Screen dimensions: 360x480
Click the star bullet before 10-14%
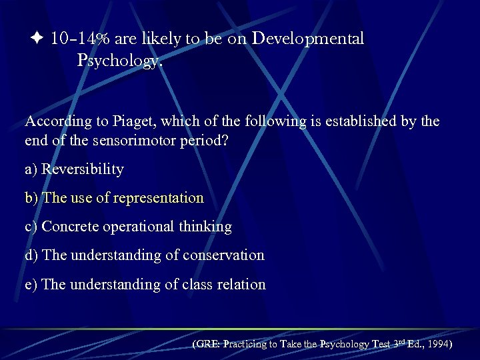coord(37,39)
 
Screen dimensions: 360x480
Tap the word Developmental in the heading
coord(307,39)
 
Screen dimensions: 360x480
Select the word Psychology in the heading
coord(118,61)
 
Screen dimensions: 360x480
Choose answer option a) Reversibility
coord(74,169)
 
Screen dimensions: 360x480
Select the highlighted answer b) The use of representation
coord(114,198)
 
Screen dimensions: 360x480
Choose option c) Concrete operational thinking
coord(128,227)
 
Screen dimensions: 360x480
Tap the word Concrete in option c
coord(67,227)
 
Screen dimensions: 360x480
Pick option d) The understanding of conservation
coord(145,255)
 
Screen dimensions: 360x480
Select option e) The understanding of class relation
coord(145,285)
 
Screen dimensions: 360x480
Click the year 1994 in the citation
coord(437,345)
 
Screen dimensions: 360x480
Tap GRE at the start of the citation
coord(207,345)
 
